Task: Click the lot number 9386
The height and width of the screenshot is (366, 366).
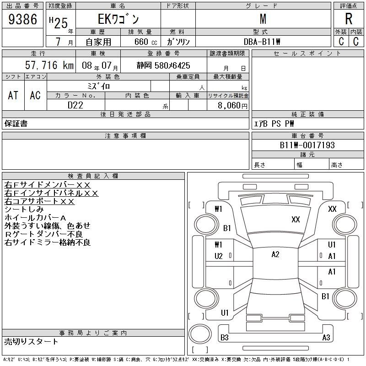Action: pyautogui.click(x=22, y=19)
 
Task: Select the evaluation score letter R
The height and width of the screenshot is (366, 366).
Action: pyautogui.click(x=349, y=19)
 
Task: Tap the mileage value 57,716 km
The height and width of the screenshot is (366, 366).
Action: pyautogui.click(x=49, y=65)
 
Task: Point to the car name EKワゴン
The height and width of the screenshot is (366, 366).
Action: pyautogui.click(x=118, y=19)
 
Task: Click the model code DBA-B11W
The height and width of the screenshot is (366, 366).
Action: pyautogui.click(x=262, y=42)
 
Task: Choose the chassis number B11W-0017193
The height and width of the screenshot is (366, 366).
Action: pyautogui.click(x=307, y=145)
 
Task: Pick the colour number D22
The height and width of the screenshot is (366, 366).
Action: pyautogui.click(x=75, y=105)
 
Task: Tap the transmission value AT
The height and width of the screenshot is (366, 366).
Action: pyautogui.click(x=13, y=95)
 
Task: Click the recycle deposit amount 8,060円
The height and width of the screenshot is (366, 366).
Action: pyautogui.click(x=232, y=106)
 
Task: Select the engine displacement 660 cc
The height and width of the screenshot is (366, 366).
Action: pyautogui.click(x=145, y=42)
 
